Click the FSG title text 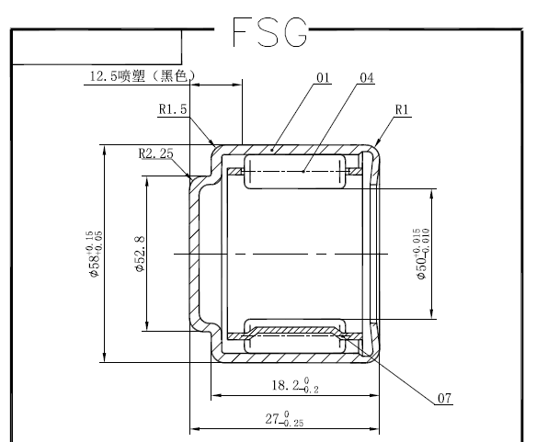269,32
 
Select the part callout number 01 321,78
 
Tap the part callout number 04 366,78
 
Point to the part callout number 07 445,398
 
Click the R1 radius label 402,108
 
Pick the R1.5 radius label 173,108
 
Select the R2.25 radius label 156,153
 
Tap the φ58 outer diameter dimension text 95,253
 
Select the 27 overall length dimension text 273,419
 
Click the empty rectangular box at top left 97,48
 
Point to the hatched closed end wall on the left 195,253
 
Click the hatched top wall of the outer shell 294,148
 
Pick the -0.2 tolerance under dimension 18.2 312,391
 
